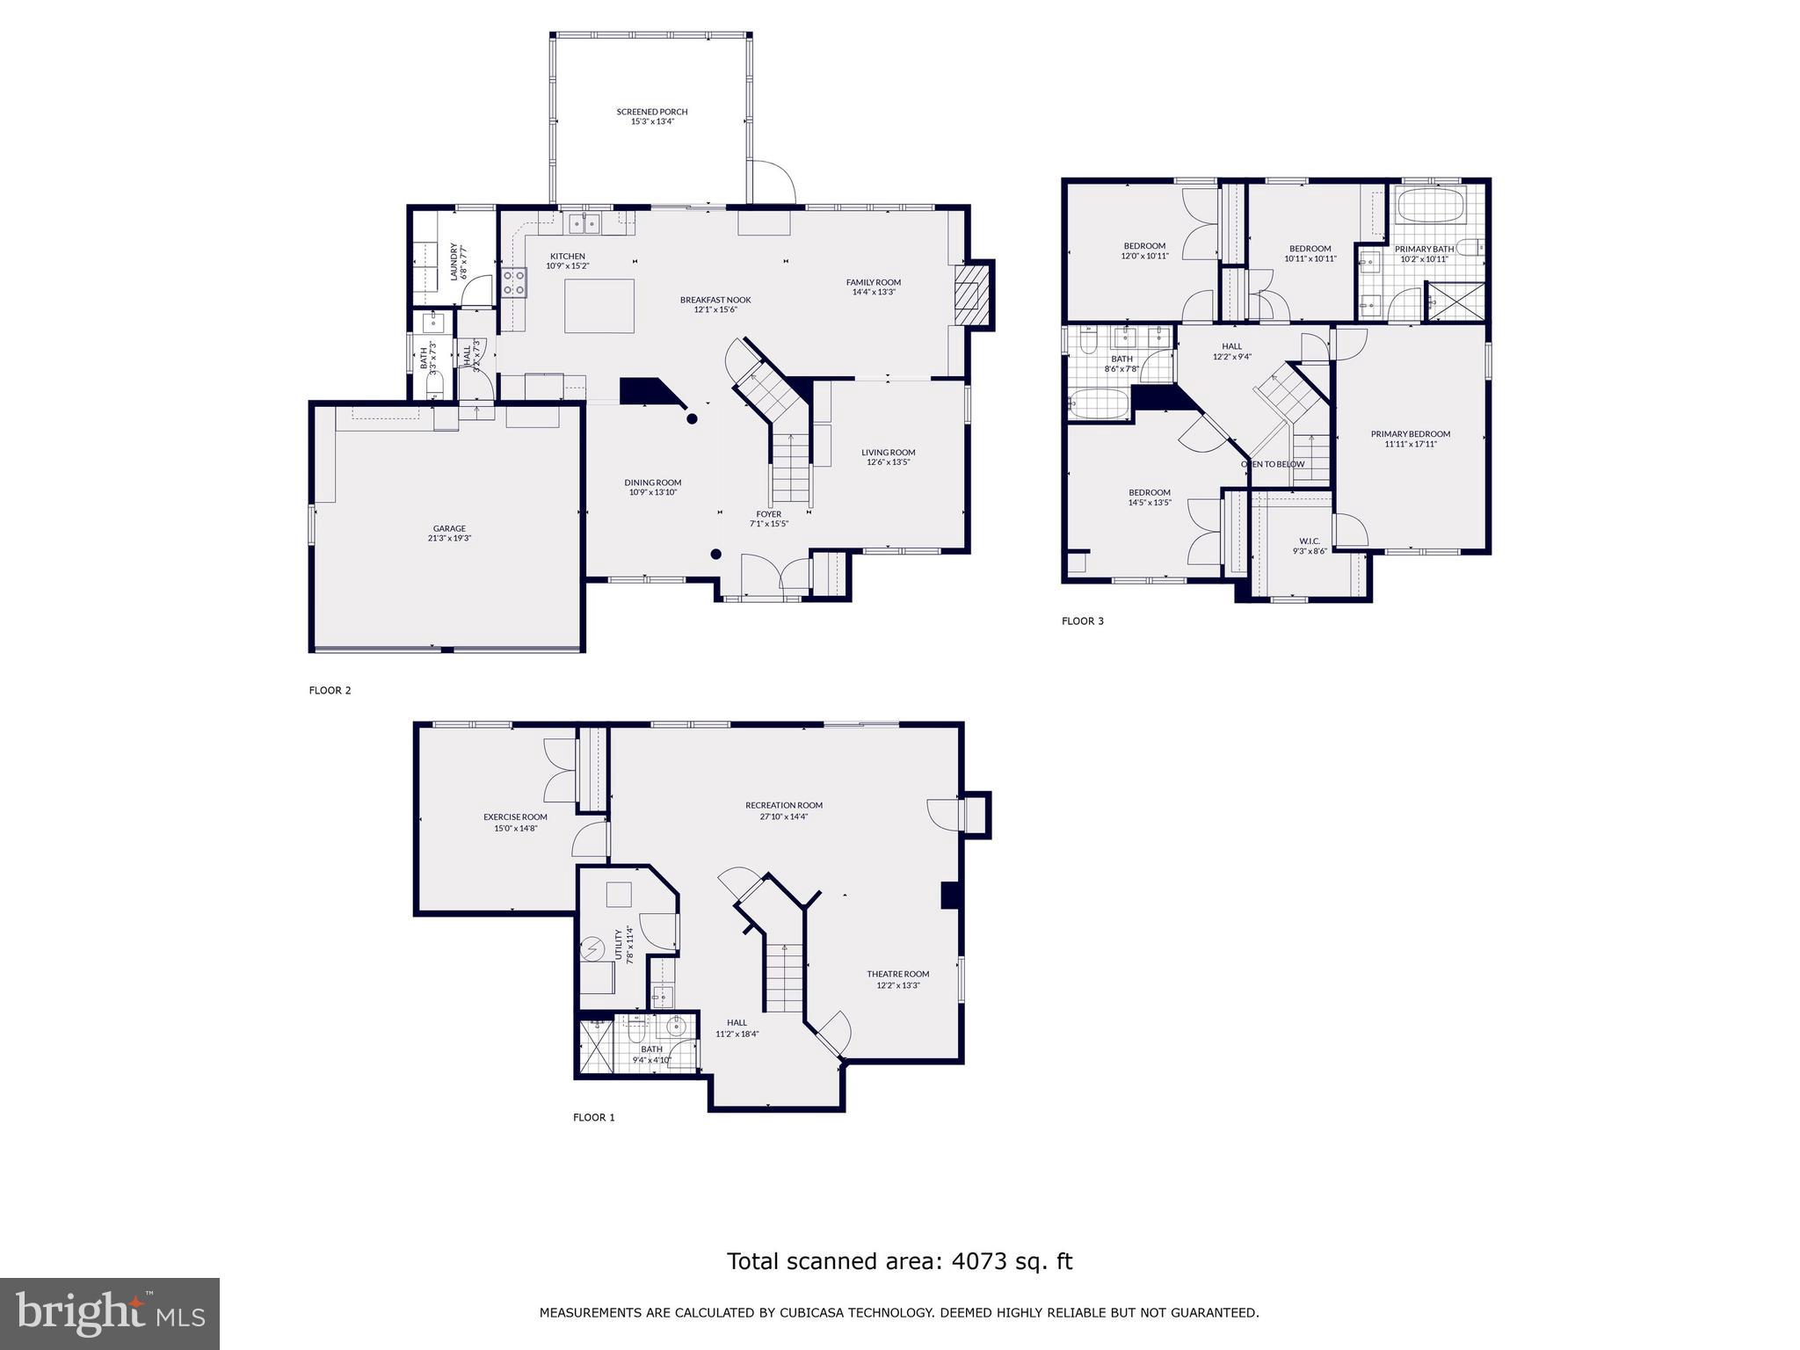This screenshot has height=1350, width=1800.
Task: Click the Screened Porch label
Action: pyautogui.click(x=651, y=112)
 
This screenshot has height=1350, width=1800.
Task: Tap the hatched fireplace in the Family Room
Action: pyautogui.click(x=970, y=295)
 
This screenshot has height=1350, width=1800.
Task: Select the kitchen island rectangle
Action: pyautogui.click(x=599, y=306)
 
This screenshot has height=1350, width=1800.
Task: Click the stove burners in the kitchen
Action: pyautogui.click(x=514, y=282)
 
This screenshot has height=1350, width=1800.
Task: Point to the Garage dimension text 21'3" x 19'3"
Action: pyautogui.click(x=449, y=538)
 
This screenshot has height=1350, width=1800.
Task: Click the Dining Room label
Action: pyautogui.click(x=652, y=482)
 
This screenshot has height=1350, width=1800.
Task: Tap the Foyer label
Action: pyautogui.click(x=768, y=514)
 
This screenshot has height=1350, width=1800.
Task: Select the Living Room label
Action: pyautogui.click(x=888, y=452)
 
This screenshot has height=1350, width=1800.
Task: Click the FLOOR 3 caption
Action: pyautogui.click(x=1082, y=621)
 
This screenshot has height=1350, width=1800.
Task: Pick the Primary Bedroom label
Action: pyautogui.click(x=1410, y=433)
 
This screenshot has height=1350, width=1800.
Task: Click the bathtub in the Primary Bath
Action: pyautogui.click(x=1430, y=208)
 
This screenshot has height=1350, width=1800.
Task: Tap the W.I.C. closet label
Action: pyautogui.click(x=1309, y=541)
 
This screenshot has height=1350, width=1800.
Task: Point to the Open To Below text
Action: pyautogui.click(x=1272, y=464)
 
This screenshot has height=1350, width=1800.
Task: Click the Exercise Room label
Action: pyautogui.click(x=515, y=817)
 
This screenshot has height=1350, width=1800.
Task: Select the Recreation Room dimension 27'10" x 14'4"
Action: pyautogui.click(x=784, y=817)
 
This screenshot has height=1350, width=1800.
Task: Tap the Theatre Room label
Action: pyautogui.click(x=897, y=974)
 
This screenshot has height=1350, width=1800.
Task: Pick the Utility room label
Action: pyautogui.click(x=619, y=945)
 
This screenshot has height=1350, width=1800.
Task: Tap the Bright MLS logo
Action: pyautogui.click(x=110, y=1313)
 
